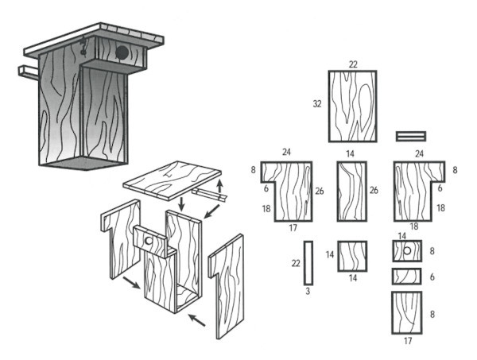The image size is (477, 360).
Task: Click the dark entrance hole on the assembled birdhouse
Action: [x=122, y=53]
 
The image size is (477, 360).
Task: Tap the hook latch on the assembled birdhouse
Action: [x=83, y=45]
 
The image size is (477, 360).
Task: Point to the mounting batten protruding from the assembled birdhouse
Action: [x=29, y=72]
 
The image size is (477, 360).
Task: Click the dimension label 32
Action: [x=317, y=104]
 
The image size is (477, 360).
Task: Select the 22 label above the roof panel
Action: [x=353, y=64]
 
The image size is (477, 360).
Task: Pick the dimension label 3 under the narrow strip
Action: [x=308, y=292]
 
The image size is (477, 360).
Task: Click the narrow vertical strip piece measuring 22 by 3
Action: [x=308, y=263]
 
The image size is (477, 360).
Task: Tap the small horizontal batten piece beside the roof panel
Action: [x=411, y=136]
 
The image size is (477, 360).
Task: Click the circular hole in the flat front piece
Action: [x=407, y=251]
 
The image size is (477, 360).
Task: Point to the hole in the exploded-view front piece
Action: [x=149, y=241]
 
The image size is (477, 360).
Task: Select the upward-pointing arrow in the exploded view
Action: [x=220, y=187]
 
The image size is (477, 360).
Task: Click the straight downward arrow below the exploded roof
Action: [x=181, y=204]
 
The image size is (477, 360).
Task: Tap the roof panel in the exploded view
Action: [x=173, y=180]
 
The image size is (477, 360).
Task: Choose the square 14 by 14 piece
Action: [x=352, y=256]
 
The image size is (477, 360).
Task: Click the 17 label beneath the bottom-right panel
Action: [x=408, y=341]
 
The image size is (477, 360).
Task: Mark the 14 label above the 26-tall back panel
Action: [x=350, y=154]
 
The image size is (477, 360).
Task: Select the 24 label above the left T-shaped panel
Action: [x=286, y=152]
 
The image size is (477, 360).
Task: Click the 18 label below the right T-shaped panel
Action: [x=414, y=226]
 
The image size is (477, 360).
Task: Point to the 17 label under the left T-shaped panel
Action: [x=293, y=228]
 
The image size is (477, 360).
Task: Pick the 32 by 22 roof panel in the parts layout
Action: [x=352, y=106]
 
